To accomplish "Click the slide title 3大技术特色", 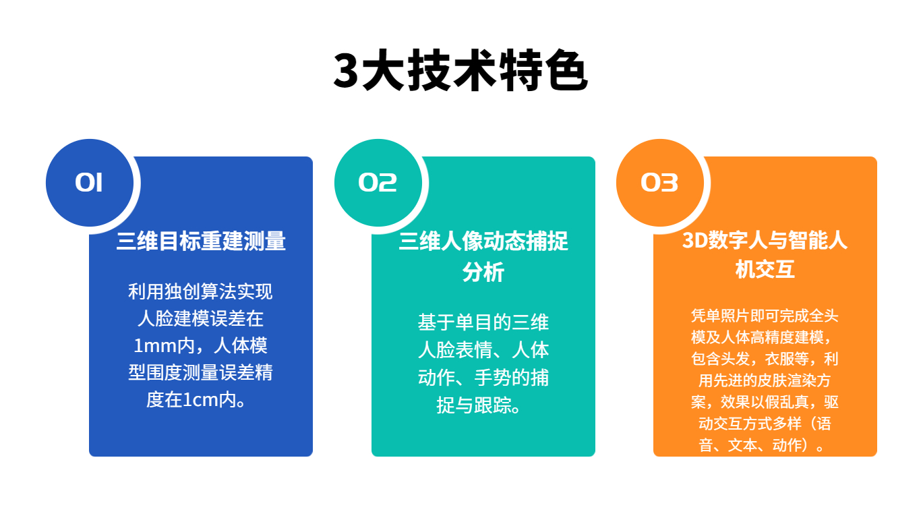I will point(460,71).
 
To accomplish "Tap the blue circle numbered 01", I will point(90,183).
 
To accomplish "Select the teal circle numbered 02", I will point(378,183).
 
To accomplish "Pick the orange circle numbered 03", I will point(659,183).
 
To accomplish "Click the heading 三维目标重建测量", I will point(201,241).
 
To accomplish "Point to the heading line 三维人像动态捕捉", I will point(483,241).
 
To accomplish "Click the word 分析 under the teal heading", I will point(483,272).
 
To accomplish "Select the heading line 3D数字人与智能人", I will point(765,240).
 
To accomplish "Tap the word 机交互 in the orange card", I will point(765,270).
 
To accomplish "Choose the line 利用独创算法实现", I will point(200,291).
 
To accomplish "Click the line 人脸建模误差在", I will point(200,318).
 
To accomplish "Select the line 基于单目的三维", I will point(483,322).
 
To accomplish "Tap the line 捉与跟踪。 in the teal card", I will point(479,405).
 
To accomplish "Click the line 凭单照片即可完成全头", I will point(765,316).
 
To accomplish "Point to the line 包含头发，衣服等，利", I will point(765,358).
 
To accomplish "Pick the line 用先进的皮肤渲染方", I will point(765,380).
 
